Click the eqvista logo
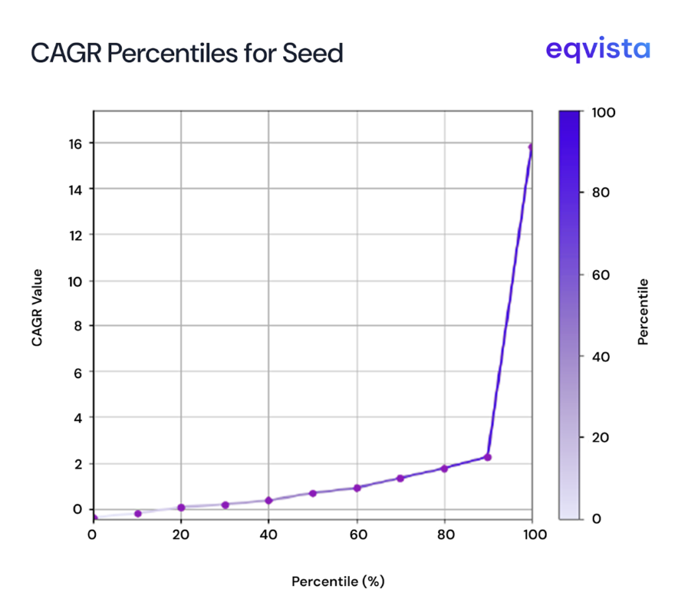tap(597, 50)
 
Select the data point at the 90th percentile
tap(487, 457)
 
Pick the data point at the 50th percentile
tap(313, 493)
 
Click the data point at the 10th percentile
tap(138, 513)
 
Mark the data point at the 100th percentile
tap(531, 146)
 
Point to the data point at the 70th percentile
tap(400, 478)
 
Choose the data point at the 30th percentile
tap(225, 505)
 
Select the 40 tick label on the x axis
tap(268, 535)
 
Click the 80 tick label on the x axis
tap(444, 535)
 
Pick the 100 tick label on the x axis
tap(532, 535)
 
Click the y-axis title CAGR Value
tap(37, 307)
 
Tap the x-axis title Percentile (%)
tap(338, 582)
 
